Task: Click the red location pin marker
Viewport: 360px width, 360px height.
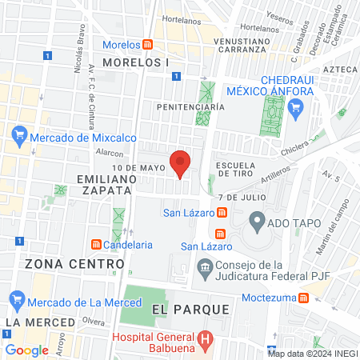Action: tap(180, 163)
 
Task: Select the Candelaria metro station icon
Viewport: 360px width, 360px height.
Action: tap(96, 243)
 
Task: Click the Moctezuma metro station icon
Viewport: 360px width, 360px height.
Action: tap(304, 298)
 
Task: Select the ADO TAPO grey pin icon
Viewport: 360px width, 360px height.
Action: tap(258, 219)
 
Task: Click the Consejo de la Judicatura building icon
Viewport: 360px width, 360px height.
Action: tap(206, 267)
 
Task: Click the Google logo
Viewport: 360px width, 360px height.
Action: tap(27, 350)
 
